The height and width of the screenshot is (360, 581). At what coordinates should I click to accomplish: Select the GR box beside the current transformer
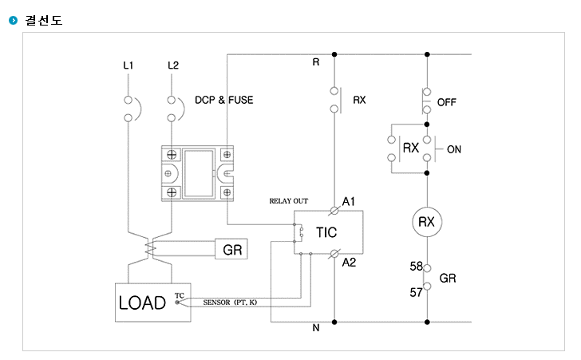point(231,249)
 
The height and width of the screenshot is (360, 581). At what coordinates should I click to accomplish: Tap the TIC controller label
point(326,232)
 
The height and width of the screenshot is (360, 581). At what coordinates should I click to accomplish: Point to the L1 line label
point(128,65)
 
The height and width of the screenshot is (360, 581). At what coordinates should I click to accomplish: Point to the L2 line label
point(173,65)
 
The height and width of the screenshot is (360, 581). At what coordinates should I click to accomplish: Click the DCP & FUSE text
point(224,100)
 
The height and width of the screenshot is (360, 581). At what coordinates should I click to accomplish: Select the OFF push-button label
point(446,102)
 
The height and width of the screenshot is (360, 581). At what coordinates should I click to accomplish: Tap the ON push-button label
point(454,149)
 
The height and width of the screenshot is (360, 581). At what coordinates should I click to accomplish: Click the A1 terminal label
point(349,202)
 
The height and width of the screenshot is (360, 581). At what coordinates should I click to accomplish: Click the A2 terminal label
point(349,263)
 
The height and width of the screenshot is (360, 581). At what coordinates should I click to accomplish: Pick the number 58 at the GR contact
point(416,266)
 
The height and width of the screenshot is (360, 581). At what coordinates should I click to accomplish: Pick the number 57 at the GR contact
point(416,292)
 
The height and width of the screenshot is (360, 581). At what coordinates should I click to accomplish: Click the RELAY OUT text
point(289,201)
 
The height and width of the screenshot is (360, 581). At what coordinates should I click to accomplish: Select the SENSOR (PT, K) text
point(230,303)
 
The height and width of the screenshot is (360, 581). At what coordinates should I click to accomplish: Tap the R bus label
point(316,62)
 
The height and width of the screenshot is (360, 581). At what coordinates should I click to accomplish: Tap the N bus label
point(316,328)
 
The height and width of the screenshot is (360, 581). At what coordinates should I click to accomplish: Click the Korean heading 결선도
point(44,20)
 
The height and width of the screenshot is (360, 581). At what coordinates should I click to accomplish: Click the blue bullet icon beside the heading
point(14,21)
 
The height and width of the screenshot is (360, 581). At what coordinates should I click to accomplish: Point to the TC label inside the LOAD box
point(180,295)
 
